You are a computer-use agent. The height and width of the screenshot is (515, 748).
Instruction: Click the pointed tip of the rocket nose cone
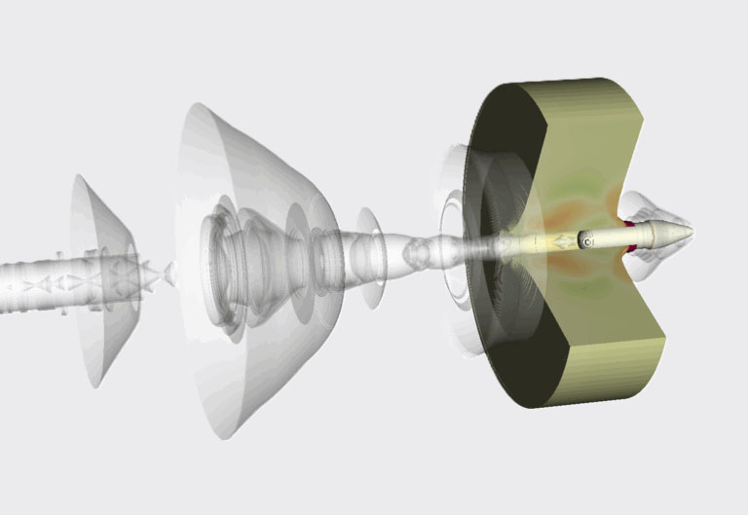[x=692, y=232]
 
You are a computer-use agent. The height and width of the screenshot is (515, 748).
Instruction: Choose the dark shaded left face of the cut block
[x=506, y=292]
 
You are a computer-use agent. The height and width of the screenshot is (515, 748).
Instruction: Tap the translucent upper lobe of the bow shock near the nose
[x=648, y=204]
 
